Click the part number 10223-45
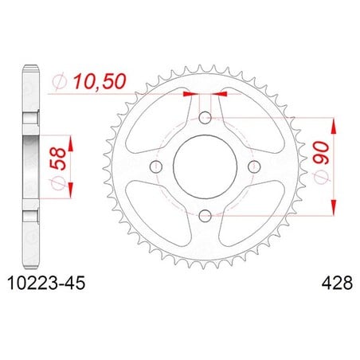coord(46,283)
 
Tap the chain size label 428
coord(337,283)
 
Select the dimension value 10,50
coord(100,81)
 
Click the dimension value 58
coord(57,158)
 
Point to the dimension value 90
coord(321,153)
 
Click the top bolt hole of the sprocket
coord(205,118)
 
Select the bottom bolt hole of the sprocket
coord(205,216)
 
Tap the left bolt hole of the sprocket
coord(156,166)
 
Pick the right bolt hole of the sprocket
coord(254,166)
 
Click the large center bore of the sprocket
coord(205,166)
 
